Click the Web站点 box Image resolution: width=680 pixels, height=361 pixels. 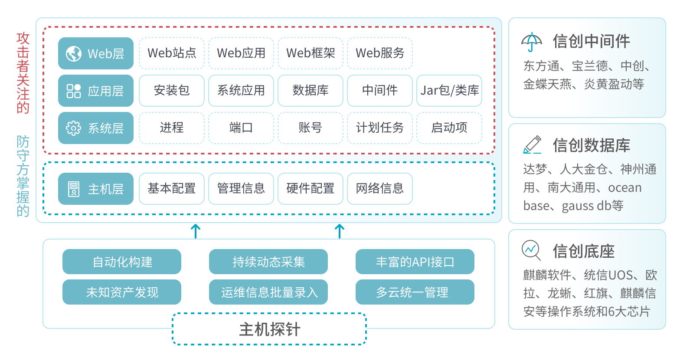click(x=171, y=53)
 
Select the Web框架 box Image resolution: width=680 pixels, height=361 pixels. click(x=310, y=53)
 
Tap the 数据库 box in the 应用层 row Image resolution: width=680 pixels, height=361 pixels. click(x=310, y=91)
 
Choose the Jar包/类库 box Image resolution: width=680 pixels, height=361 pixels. click(x=449, y=91)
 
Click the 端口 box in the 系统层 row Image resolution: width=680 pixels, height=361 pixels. click(x=241, y=128)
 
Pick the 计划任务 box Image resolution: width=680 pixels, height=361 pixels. click(x=379, y=128)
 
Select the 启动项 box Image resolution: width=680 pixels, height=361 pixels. click(x=449, y=128)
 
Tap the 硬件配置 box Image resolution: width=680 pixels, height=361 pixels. click(x=310, y=189)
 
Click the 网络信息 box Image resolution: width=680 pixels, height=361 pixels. click(x=379, y=189)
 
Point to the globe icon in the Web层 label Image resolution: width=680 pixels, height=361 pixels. click(x=74, y=54)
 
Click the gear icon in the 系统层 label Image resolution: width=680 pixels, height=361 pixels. click(x=74, y=128)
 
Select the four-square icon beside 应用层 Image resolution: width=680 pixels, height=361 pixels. click(x=74, y=91)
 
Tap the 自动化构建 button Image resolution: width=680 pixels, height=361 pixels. click(x=122, y=262)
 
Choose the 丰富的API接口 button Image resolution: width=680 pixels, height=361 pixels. click(x=415, y=262)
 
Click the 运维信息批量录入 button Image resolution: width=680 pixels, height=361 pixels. click(x=268, y=292)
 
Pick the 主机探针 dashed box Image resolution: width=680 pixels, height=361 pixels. click(x=269, y=329)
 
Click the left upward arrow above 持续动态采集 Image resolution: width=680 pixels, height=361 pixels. click(x=196, y=231)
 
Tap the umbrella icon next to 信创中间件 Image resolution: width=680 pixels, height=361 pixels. click(x=532, y=42)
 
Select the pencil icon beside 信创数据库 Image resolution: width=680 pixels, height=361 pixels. click(x=532, y=145)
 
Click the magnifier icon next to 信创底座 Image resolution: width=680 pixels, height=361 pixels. click(x=531, y=250)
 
